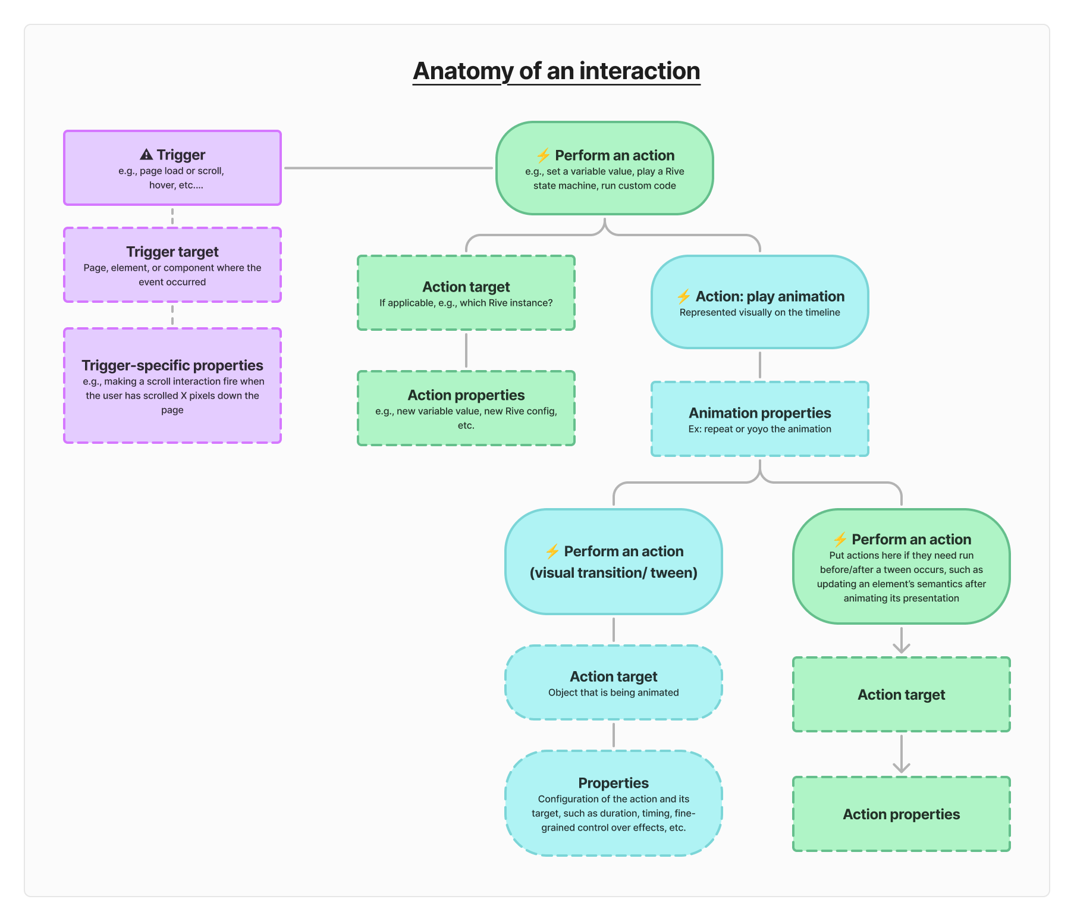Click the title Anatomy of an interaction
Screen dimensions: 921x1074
tap(556, 71)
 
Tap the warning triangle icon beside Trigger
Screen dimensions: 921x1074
tap(146, 155)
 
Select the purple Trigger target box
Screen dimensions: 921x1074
tap(172, 265)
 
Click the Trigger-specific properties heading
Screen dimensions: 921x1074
tap(172, 365)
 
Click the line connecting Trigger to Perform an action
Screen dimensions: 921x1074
tap(388, 168)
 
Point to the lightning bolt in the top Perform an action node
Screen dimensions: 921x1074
tap(543, 156)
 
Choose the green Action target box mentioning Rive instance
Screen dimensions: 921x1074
tap(466, 293)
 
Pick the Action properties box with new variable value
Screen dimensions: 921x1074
tap(466, 408)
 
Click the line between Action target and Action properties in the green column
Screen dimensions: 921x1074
tap(466, 350)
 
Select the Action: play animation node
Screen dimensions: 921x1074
tap(759, 302)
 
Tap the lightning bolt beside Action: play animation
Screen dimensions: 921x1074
tap(684, 296)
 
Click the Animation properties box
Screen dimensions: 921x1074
tap(759, 419)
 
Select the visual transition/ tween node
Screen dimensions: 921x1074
tap(613, 562)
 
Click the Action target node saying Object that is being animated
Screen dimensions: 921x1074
tap(613, 683)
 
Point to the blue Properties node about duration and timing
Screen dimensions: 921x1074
tap(613, 803)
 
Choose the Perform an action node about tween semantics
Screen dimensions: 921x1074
tap(901, 566)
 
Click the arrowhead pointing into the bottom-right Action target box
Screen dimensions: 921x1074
tap(902, 649)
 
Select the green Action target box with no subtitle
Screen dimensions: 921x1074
tap(901, 694)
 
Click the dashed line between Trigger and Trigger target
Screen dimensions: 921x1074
tap(172, 217)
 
